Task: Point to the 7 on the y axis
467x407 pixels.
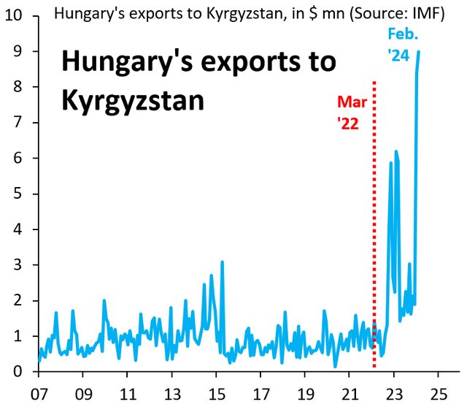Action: tap(16, 123)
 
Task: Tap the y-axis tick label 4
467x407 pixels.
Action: tap(16, 229)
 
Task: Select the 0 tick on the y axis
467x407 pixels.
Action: tap(16, 372)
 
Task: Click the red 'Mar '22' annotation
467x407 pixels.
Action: tap(348, 113)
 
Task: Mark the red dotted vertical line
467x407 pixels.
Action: tap(374, 219)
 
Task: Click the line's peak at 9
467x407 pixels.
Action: tap(418, 52)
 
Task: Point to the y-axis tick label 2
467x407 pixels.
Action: tap(16, 300)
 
